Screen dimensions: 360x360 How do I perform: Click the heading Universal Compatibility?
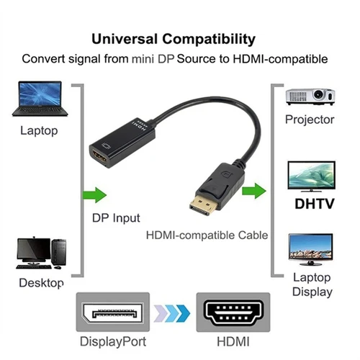[179, 37]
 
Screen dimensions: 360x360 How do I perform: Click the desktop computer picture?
[40, 253]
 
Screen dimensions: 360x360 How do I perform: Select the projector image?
[310, 96]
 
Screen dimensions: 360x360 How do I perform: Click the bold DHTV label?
[314, 204]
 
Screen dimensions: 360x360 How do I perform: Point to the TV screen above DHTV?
[310, 174]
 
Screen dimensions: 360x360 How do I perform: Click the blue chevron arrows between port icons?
[171, 312]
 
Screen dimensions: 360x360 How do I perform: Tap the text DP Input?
[116, 217]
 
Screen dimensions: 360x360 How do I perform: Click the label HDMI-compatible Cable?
[207, 235]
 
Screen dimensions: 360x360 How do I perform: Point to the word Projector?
[310, 120]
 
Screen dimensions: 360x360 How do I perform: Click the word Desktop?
[41, 282]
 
